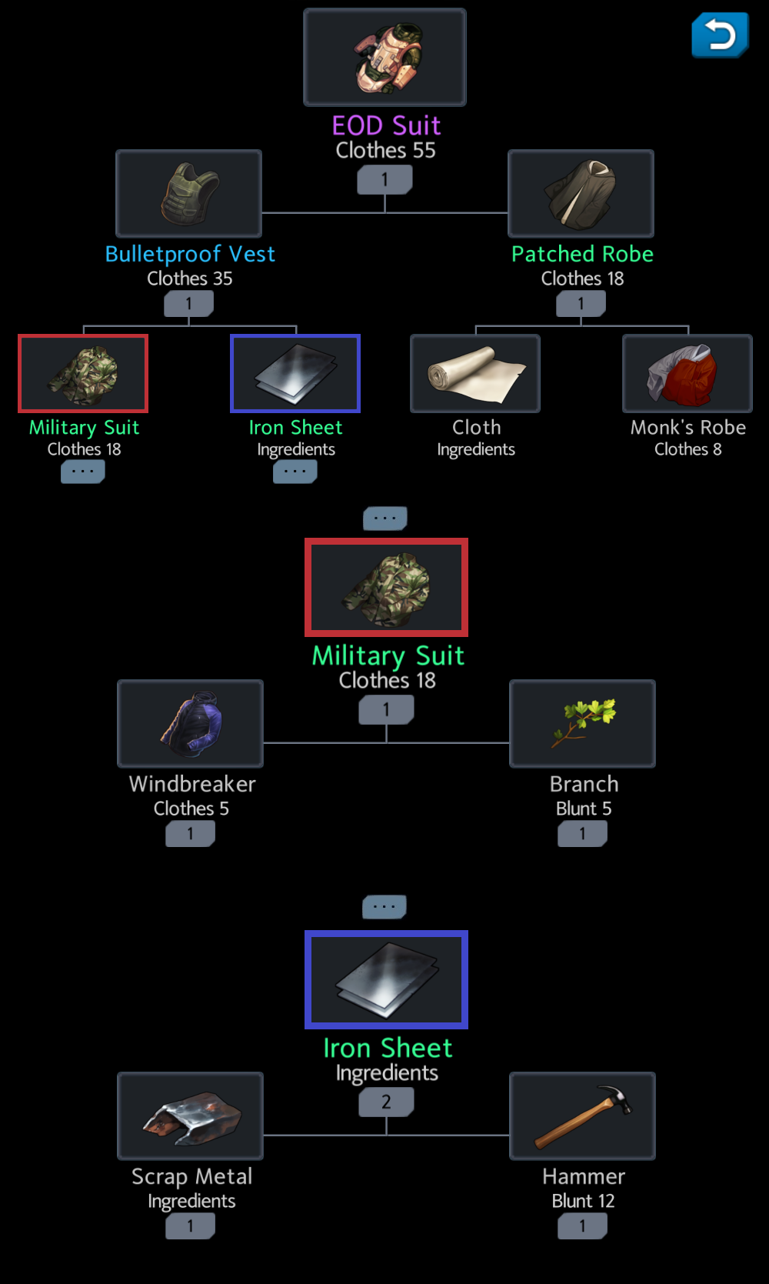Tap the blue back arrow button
tap(720, 35)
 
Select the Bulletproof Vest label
tap(190, 254)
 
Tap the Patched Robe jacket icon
tap(581, 194)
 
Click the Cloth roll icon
tap(475, 373)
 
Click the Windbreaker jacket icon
tap(190, 723)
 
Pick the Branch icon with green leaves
tap(582, 723)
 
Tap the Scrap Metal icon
tap(190, 1116)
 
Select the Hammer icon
tap(582, 1116)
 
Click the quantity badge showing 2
tap(386, 1102)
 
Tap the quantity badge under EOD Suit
tap(384, 180)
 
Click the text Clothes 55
tap(385, 151)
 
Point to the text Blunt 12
tap(583, 1201)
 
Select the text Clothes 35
tap(190, 278)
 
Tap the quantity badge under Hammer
tap(582, 1226)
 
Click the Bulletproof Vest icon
tap(188, 194)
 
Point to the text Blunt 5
tap(584, 809)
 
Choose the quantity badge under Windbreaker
tap(190, 833)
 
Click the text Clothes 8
tap(687, 449)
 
